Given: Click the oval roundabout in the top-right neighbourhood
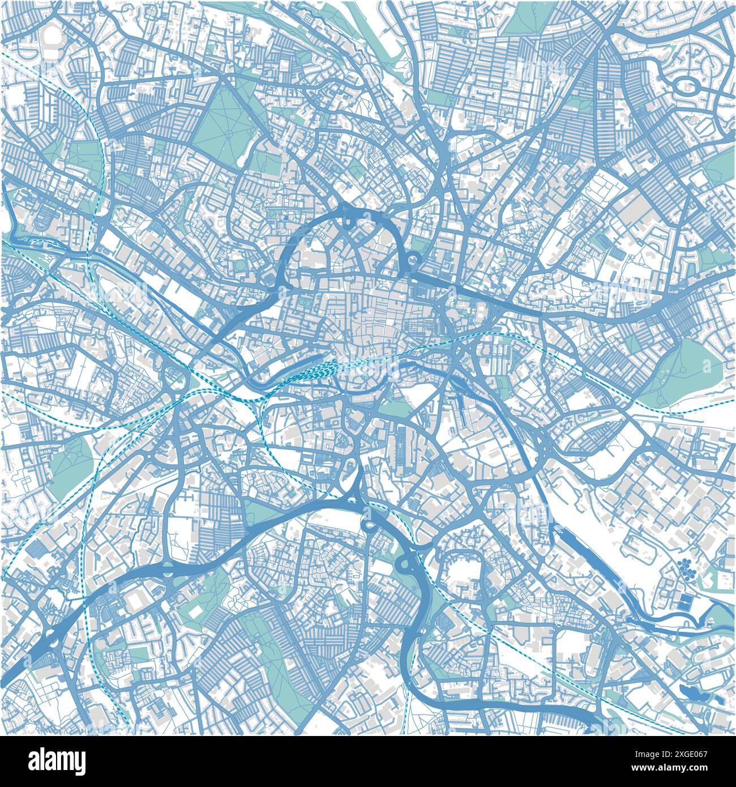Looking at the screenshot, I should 686,87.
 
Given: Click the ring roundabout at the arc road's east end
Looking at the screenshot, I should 413,261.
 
